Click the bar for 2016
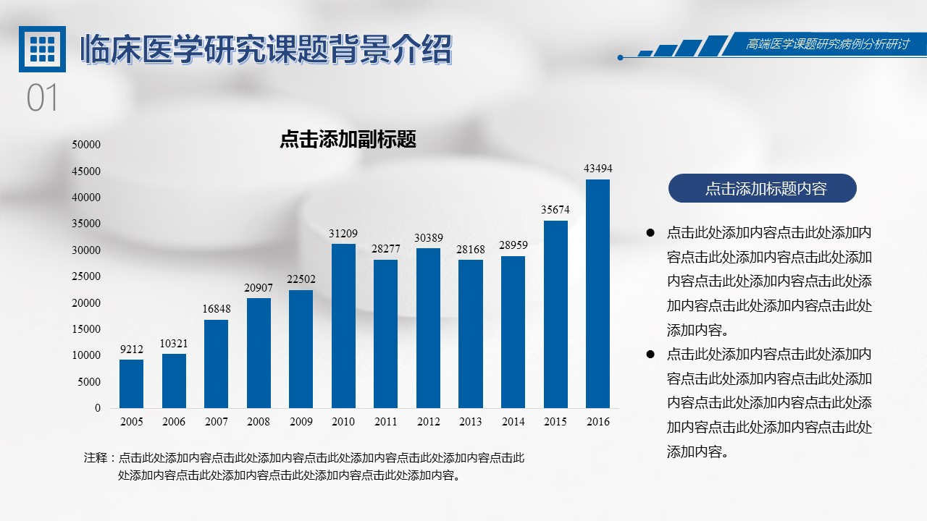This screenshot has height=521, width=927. (597, 294)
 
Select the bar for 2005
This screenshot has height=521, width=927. (131, 384)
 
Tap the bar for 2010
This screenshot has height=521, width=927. (343, 326)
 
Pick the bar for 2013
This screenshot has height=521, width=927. (471, 334)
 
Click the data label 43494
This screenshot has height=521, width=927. (598, 169)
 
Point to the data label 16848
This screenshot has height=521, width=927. (216, 309)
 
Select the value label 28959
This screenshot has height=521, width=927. (513, 245)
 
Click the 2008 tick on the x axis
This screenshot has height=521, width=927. (259, 422)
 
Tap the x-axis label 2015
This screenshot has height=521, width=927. (555, 422)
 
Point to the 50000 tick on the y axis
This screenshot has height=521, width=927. (86, 145)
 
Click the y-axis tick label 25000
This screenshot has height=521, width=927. (86, 276)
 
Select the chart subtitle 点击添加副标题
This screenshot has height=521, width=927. (348, 140)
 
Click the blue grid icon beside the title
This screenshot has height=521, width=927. (42, 49)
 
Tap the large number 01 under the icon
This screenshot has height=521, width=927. (42, 98)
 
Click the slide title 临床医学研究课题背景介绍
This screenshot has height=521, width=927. (266, 50)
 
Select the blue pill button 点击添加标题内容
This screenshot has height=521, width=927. (762, 189)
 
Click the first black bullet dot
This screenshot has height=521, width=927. (650, 233)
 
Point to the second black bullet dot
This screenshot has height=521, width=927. (650, 355)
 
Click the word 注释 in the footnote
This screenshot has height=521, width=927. (96, 458)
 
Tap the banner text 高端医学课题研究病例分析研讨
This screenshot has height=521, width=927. (827, 45)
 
